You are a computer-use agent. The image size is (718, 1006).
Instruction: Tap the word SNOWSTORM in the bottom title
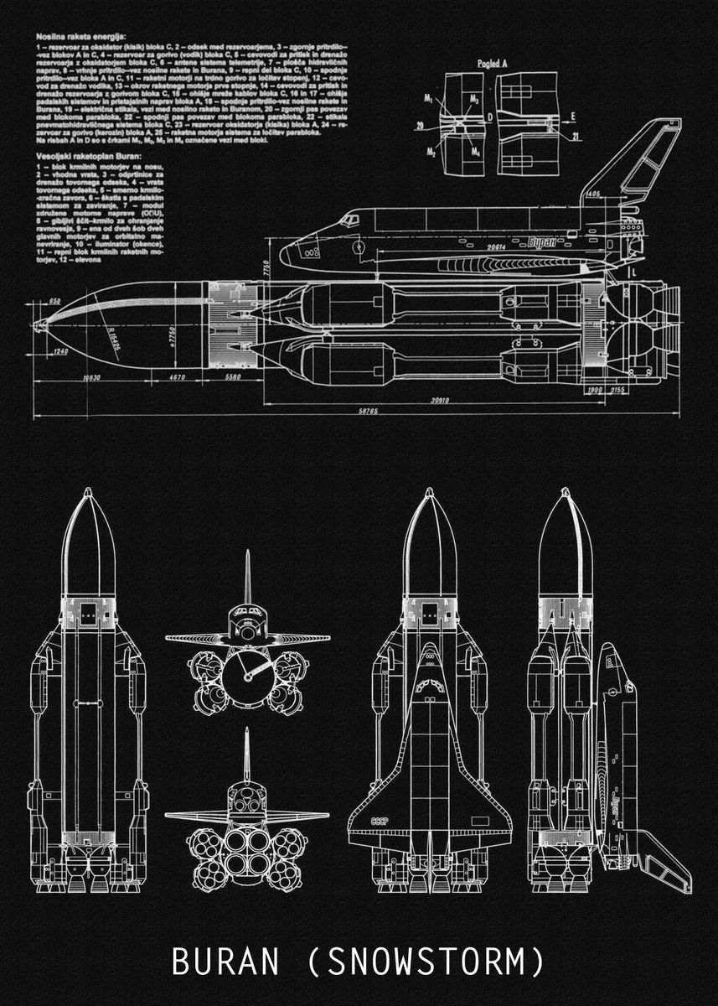pos(429,961)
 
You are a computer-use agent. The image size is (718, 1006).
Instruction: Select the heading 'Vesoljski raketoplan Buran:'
pos(89,156)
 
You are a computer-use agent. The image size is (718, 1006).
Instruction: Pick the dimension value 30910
pos(439,401)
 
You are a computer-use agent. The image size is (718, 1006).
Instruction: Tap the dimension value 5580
pos(234,378)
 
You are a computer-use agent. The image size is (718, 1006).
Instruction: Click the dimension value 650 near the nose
pos(54,301)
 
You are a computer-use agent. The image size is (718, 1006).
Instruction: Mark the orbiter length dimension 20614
pos(497,247)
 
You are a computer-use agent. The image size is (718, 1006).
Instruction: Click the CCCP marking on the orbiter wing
pos(380,822)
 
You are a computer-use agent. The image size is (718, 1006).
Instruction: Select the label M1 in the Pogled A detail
pos(427,98)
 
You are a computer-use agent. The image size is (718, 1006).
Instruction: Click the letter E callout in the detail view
pos(572,115)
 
